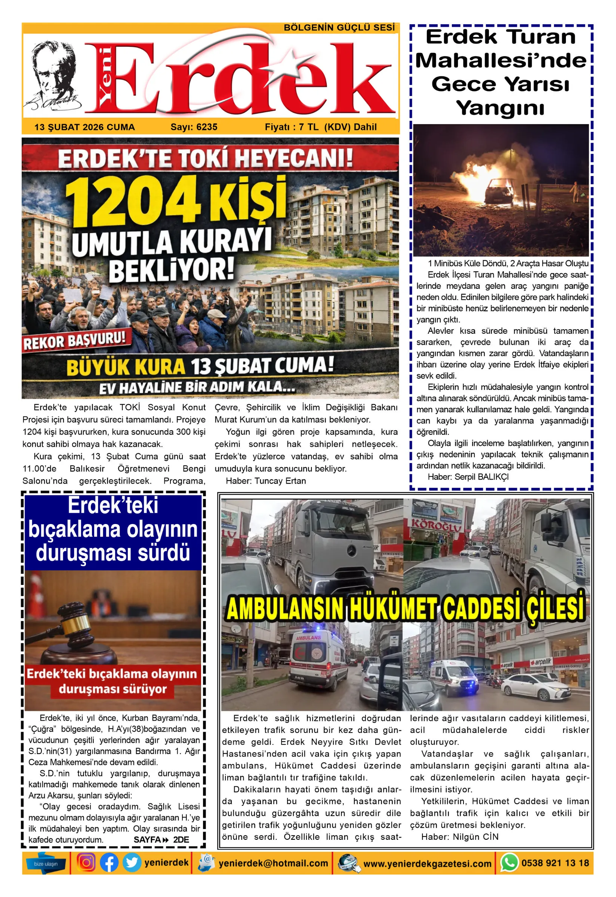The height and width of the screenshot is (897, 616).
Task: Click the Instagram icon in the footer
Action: tap(86, 863)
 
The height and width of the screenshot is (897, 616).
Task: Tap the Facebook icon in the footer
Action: tap(109, 863)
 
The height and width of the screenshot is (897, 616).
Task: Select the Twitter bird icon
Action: tap(132, 863)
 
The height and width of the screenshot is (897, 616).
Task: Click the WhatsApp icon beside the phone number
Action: tap(509, 863)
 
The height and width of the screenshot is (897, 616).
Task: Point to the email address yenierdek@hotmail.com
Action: tap(273, 863)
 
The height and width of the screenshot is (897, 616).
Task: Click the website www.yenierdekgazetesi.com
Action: tap(427, 863)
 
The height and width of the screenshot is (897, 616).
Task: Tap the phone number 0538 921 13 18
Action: tap(555, 863)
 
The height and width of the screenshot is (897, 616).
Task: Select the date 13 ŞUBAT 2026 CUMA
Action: tap(84, 127)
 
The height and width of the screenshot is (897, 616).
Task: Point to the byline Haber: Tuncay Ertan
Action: tap(266, 481)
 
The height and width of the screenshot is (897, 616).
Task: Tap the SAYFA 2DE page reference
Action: tap(161, 839)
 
